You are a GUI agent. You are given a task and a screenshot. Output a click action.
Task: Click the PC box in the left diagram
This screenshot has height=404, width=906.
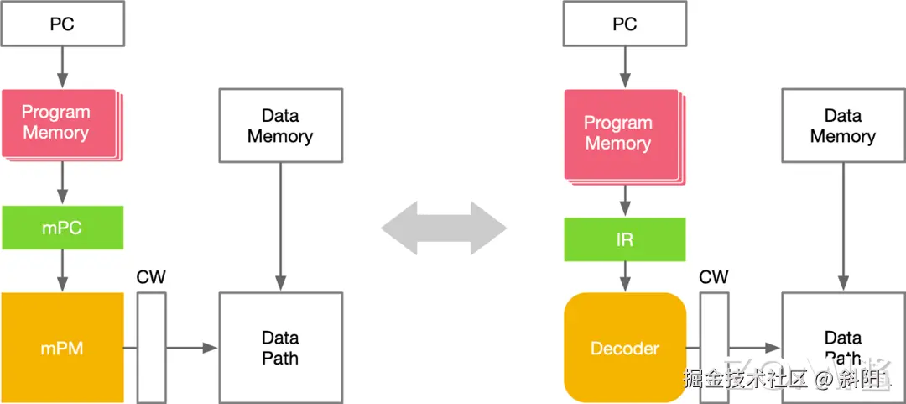(63, 24)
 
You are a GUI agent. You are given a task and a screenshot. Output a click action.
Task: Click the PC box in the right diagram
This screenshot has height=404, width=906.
(625, 24)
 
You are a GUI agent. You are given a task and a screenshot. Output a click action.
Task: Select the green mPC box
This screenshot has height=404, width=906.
(63, 228)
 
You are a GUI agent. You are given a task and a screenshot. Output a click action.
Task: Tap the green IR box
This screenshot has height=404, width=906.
(625, 239)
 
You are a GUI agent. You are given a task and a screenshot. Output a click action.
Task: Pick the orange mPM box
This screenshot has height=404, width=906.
(63, 348)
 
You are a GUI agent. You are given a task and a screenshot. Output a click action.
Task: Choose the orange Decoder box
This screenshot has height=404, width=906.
(625, 348)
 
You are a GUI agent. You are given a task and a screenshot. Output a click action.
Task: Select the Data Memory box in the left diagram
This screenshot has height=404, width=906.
(280, 125)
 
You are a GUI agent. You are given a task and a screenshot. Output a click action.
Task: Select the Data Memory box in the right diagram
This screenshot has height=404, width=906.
(843, 125)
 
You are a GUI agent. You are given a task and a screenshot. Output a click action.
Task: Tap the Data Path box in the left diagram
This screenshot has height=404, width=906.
(280, 348)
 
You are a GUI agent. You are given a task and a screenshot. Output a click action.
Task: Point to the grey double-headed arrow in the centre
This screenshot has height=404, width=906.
(444, 228)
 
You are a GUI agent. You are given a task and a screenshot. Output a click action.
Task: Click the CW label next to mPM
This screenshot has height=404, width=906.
(151, 277)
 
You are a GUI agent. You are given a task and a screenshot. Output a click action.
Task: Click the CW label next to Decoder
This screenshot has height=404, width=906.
(714, 277)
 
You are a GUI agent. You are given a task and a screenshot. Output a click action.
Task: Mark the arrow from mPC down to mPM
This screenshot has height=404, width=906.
(63, 270)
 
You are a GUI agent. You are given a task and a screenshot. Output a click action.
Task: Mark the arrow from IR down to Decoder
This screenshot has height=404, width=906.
(625, 276)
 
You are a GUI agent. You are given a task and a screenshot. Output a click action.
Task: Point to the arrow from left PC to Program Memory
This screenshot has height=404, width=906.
(63, 66)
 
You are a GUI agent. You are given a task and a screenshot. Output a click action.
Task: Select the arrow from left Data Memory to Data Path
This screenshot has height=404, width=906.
(280, 227)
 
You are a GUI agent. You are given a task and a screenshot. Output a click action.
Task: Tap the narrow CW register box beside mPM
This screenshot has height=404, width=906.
(152, 348)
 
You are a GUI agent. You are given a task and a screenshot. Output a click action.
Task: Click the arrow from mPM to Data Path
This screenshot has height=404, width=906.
(192, 348)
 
